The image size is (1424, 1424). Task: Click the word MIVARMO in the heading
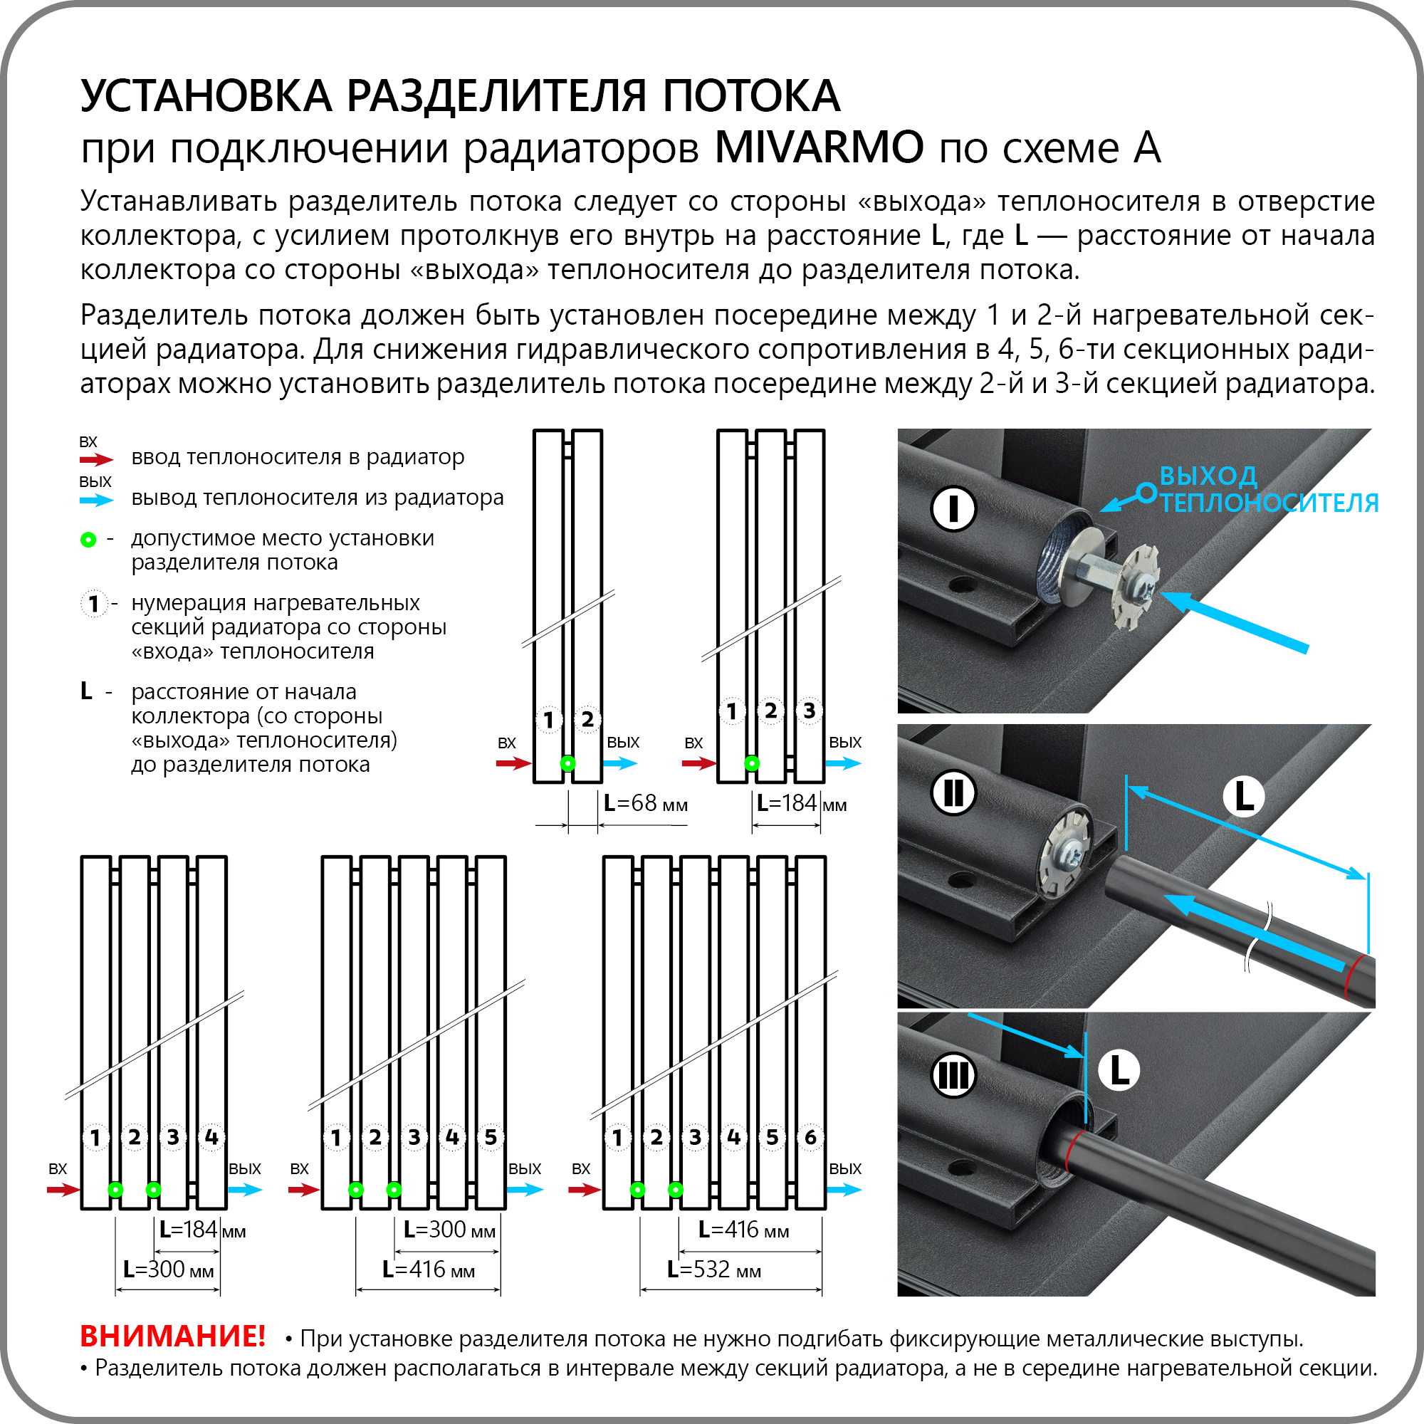(818, 147)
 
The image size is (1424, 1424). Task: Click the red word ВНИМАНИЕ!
(172, 1336)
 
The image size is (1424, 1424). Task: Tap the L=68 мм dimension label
(645, 803)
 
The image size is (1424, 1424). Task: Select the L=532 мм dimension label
(713, 1269)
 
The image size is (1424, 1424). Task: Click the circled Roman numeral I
(953, 508)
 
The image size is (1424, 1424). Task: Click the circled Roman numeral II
(953, 794)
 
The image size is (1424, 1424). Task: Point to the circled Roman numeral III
(953, 1076)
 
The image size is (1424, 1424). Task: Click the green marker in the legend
(88, 540)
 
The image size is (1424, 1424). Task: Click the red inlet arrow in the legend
(96, 460)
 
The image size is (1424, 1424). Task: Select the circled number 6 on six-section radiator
(810, 1137)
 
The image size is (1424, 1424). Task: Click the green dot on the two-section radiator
(567, 763)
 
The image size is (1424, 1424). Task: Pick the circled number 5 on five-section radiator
(490, 1137)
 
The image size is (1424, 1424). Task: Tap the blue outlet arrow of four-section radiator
(245, 1190)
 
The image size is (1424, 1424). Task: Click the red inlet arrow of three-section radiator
(698, 763)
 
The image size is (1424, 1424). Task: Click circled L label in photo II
(1243, 796)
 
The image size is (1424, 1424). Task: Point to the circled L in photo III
(1118, 1070)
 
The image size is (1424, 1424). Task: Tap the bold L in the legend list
(86, 691)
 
